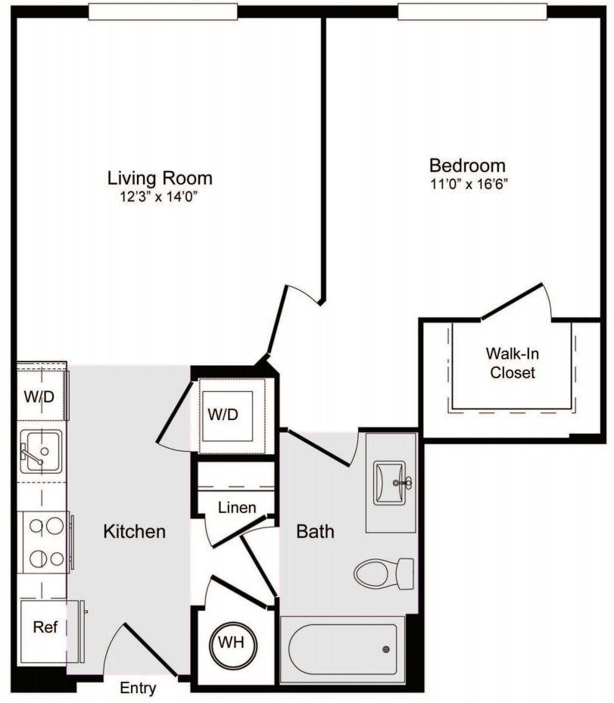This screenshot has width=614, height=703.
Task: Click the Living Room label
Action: [x=160, y=178]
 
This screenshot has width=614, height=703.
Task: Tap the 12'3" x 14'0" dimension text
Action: [x=159, y=197]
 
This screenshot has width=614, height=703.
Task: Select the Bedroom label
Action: [x=467, y=166]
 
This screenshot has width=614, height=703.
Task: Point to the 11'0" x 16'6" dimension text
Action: [x=469, y=185]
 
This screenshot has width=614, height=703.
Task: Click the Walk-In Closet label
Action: [x=513, y=363]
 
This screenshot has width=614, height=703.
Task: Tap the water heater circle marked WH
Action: [x=233, y=644]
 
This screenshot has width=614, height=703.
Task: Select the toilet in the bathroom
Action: [x=384, y=574]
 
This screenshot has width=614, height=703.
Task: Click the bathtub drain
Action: [x=385, y=649]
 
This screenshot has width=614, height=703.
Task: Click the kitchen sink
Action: [x=42, y=452]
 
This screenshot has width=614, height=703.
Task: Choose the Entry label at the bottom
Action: [x=138, y=688]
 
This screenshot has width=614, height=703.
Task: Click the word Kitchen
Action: [x=135, y=531]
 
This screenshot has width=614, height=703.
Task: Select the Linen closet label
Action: [x=237, y=508]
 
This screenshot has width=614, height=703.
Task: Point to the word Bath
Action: [x=315, y=531]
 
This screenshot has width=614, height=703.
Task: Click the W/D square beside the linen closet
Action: [x=227, y=416]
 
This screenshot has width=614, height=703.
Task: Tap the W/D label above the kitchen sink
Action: [x=39, y=397]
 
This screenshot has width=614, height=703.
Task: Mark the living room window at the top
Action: [x=163, y=12]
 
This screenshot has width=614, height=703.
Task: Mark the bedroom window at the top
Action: [x=472, y=12]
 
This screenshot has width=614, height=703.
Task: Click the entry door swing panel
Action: [x=151, y=649]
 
